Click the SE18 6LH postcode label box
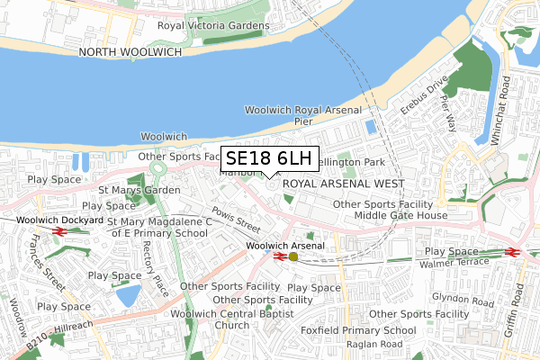coord(268,158)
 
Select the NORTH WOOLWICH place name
coord(130,53)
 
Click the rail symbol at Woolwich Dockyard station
coord(61,231)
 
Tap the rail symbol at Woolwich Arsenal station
coord(278,256)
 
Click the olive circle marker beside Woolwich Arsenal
coord(292,256)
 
